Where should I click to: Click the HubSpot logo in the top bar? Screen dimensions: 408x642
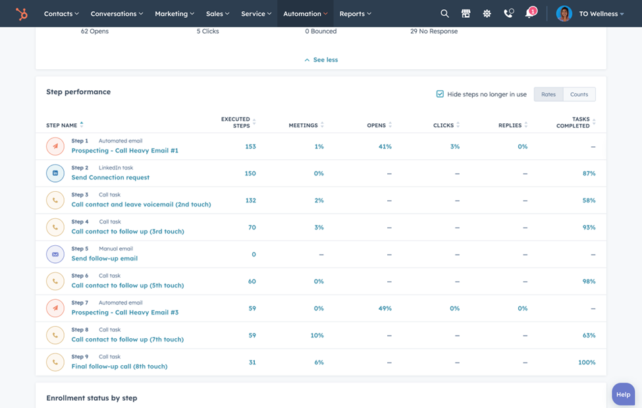[22, 13]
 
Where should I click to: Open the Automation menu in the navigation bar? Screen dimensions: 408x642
[305, 13]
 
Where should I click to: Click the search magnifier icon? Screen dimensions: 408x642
[444, 13]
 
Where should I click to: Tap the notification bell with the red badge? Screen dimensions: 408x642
[529, 13]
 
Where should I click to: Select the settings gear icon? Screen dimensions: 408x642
[487, 13]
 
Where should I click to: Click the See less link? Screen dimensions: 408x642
[321, 59]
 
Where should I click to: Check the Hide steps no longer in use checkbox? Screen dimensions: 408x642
[440, 94]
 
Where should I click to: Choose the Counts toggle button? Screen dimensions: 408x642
[579, 94]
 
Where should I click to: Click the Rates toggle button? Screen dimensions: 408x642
[548, 94]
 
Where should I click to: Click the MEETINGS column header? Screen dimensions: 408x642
[303, 125]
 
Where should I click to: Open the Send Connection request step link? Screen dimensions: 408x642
[111, 177]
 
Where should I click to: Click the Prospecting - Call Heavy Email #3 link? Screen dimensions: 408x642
[125, 312]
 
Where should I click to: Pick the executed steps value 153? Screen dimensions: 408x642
[250, 146]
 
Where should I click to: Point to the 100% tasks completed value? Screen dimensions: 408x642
[586, 363]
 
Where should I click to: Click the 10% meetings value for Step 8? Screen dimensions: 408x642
[317, 335]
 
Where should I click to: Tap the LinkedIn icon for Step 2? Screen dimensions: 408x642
[55, 173]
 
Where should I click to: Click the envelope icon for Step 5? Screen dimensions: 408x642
[55, 254]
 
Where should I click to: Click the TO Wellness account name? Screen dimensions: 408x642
[598, 13]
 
